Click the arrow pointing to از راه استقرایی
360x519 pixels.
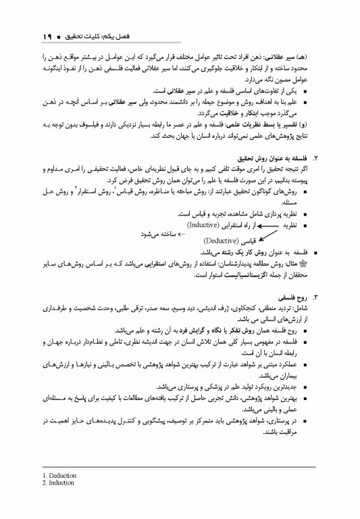pos(249,224)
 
